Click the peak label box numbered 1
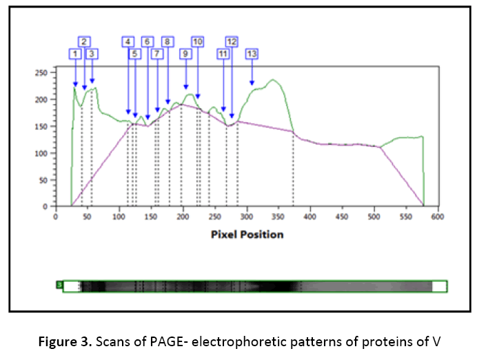click(75, 53)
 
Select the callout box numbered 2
click(84, 41)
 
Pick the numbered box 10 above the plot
click(198, 41)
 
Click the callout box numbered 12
click(232, 41)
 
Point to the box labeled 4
click(128, 41)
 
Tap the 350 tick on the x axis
click(246, 217)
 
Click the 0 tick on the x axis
click(56, 217)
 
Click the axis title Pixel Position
click(246, 234)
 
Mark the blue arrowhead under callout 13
click(252, 83)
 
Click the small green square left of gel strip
click(59, 284)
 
